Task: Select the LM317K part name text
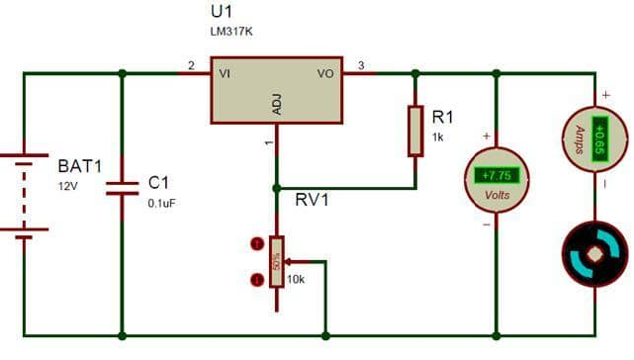(x=232, y=31)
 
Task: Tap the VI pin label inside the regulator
(x=225, y=74)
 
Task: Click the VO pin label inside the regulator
(x=325, y=74)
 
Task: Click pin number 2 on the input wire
(x=190, y=66)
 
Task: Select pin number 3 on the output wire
(x=361, y=66)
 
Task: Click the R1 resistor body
(x=415, y=131)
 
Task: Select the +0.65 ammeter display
(x=597, y=137)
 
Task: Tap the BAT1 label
(x=80, y=165)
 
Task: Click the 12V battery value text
(x=66, y=185)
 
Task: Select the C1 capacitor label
(x=159, y=183)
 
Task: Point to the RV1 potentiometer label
(x=313, y=201)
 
